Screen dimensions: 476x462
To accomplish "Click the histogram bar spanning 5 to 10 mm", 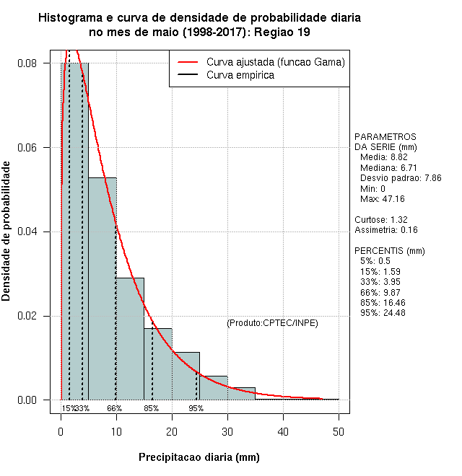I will coord(103,288).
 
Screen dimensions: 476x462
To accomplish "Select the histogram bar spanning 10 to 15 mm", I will coord(130,339).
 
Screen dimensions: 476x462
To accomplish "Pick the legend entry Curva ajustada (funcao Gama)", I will coord(275,63).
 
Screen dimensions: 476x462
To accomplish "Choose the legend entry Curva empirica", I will coord(240,75).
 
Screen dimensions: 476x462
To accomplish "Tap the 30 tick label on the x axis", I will coord(227,431).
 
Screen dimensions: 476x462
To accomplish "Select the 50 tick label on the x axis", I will coord(339,431).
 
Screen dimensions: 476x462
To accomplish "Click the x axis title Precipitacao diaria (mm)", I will coord(199,457).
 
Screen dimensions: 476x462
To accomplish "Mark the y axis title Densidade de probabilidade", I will coord(6,232).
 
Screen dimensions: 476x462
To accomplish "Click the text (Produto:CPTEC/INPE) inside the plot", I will coord(272,323).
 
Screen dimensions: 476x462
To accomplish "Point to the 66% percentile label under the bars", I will coord(115,408).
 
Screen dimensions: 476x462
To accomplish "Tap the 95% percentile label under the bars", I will coord(196,408).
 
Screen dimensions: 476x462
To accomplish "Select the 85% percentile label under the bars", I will coord(152,408).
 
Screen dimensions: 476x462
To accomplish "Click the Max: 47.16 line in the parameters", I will coord(382,198).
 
